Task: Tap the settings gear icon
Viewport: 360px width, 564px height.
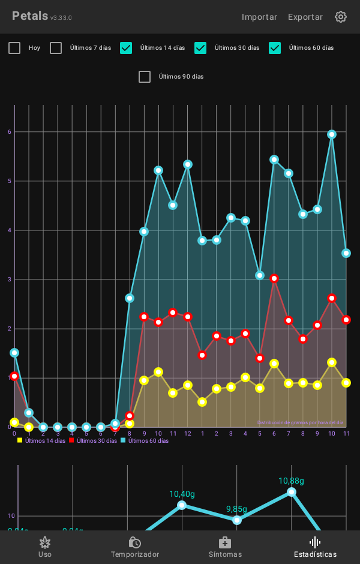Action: (341, 17)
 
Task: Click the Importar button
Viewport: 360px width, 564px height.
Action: (259, 17)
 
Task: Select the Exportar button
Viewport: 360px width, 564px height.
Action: (305, 17)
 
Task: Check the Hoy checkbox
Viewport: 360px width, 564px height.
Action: (14, 48)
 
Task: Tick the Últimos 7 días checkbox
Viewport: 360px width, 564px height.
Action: (56, 48)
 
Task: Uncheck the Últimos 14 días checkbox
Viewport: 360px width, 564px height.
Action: (126, 48)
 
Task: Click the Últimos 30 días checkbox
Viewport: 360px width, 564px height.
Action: (200, 48)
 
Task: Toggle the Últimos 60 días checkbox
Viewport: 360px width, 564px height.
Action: (275, 48)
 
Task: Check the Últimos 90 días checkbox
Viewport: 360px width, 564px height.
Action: (145, 77)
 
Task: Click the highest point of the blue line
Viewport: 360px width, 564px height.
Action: (332, 134)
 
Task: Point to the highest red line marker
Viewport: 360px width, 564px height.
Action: (274, 278)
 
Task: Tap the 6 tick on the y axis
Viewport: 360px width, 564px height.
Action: (10, 132)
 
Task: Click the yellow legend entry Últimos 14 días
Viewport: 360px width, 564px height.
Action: (42, 440)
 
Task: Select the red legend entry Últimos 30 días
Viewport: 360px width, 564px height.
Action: (94, 440)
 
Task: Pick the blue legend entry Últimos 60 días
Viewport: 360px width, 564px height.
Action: (145, 440)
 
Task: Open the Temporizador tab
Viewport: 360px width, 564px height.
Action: (135, 547)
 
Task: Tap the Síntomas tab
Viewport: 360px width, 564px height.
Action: (225, 547)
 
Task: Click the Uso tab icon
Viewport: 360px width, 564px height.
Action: (45, 543)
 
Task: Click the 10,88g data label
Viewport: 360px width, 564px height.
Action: (291, 481)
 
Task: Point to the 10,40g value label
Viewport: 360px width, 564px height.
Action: (182, 494)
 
